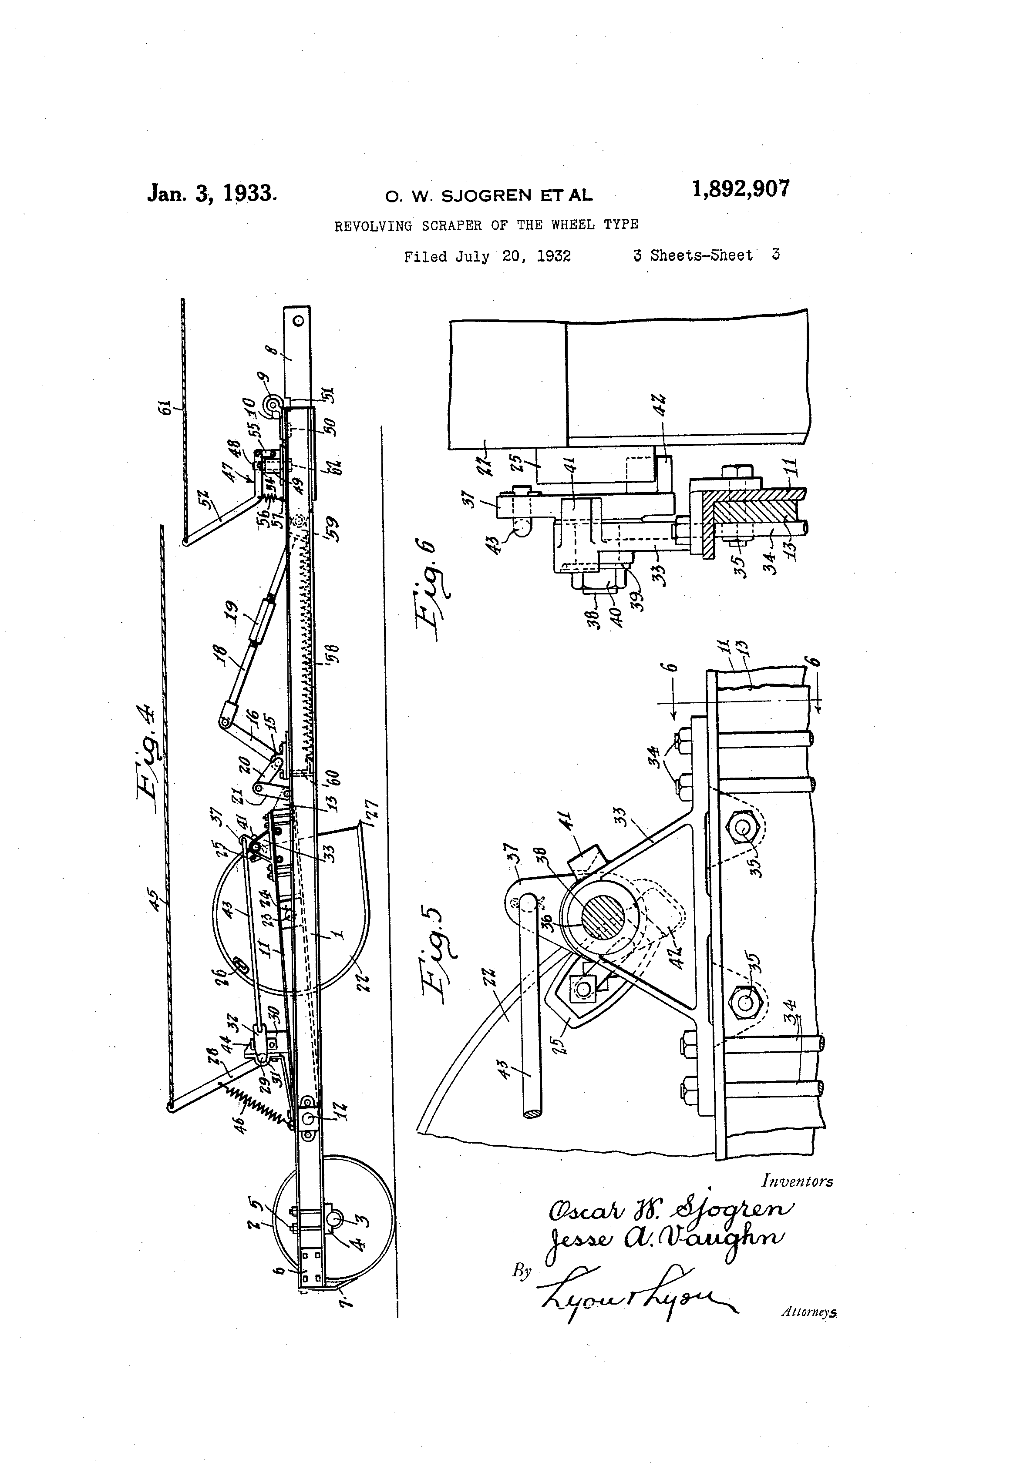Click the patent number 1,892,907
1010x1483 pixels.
pyautogui.click(x=740, y=189)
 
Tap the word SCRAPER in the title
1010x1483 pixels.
pyautogui.click(x=452, y=225)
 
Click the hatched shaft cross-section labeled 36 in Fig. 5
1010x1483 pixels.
pyautogui.click(x=600, y=925)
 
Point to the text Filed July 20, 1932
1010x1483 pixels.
pyautogui.click(x=487, y=257)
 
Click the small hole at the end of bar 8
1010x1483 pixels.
pyautogui.click(x=297, y=317)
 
